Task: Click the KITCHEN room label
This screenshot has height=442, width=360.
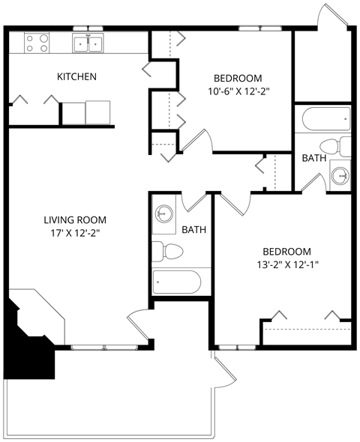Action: [x=77, y=76]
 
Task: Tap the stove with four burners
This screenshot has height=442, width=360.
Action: [x=37, y=43]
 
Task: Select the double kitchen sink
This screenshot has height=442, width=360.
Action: [x=88, y=43]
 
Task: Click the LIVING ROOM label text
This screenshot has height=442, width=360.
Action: [x=74, y=220]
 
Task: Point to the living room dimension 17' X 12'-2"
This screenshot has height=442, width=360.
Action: [x=74, y=233]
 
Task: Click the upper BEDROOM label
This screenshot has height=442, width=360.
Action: [x=238, y=78]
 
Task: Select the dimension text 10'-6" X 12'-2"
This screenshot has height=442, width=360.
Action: [x=238, y=92]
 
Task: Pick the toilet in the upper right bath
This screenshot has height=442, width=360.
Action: [x=333, y=145]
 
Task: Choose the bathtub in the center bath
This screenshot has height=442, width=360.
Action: [x=177, y=282]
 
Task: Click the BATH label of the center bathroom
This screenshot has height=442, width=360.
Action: [x=194, y=230]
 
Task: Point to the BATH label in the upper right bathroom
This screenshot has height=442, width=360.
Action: [x=313, y=159]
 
